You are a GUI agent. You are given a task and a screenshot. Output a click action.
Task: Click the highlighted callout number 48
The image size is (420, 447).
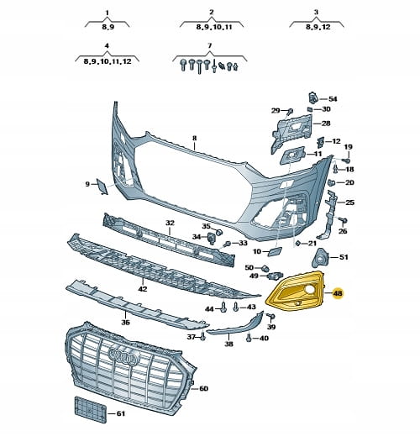pos(339,293)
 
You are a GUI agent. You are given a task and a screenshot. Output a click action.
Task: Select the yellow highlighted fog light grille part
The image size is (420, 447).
pos(295,292)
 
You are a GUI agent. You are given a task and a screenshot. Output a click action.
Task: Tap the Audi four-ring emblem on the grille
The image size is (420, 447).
pos(124,356)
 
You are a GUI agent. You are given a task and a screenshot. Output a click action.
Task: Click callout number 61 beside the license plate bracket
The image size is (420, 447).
pos(121,413)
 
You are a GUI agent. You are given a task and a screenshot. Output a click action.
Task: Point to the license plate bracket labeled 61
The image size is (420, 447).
pos(91,410)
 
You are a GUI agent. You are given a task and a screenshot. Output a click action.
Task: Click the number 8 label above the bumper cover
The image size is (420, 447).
pos(194,139)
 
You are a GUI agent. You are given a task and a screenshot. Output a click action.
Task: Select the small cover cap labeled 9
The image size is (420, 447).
pos(102,187)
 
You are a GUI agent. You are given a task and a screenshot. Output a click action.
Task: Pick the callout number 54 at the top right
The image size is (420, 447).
pos(333,99)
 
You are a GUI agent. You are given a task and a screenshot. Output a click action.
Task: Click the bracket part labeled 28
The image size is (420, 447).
pos(291,134)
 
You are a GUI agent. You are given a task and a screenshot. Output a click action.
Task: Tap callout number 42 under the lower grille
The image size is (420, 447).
pos(143,289)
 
